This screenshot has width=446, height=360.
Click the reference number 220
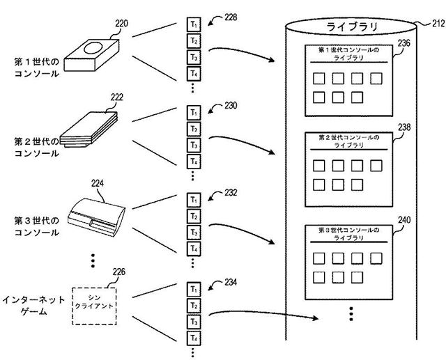[121, 22]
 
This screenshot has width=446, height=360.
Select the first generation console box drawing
[91, 54]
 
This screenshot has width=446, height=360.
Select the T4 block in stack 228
[195, 72]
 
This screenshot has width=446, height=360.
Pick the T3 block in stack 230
[195, 145]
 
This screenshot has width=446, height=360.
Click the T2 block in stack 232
[195, 215]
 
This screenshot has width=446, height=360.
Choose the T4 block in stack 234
[195, 337]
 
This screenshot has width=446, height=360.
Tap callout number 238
[403, 128]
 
